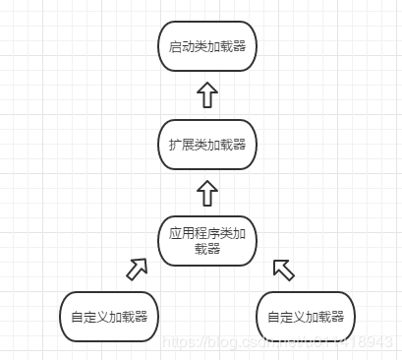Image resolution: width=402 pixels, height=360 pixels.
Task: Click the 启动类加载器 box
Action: tap(206, 46)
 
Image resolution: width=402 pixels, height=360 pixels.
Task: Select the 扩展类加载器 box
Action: tap(206, 144)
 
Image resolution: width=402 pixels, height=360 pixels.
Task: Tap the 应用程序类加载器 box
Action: tap(206, 241)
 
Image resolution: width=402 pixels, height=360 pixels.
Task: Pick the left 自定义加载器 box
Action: tap(109, 317)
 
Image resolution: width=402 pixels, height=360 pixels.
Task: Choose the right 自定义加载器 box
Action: tap(306, 317)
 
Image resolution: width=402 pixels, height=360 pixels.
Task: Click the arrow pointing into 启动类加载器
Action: tap(206, 94)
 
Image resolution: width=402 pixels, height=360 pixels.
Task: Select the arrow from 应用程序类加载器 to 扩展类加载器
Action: tap(206, 192)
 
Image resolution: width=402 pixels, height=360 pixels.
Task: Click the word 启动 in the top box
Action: tap(180, 46)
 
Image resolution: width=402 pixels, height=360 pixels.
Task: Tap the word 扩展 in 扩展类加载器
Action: tap(180, 144)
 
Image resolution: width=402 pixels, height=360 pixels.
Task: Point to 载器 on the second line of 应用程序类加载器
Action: tap(206, 250)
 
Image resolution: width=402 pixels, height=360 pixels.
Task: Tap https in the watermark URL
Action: tap(178, 342)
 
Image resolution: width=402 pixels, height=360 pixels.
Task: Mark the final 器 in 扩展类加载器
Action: tap(239, 144)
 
